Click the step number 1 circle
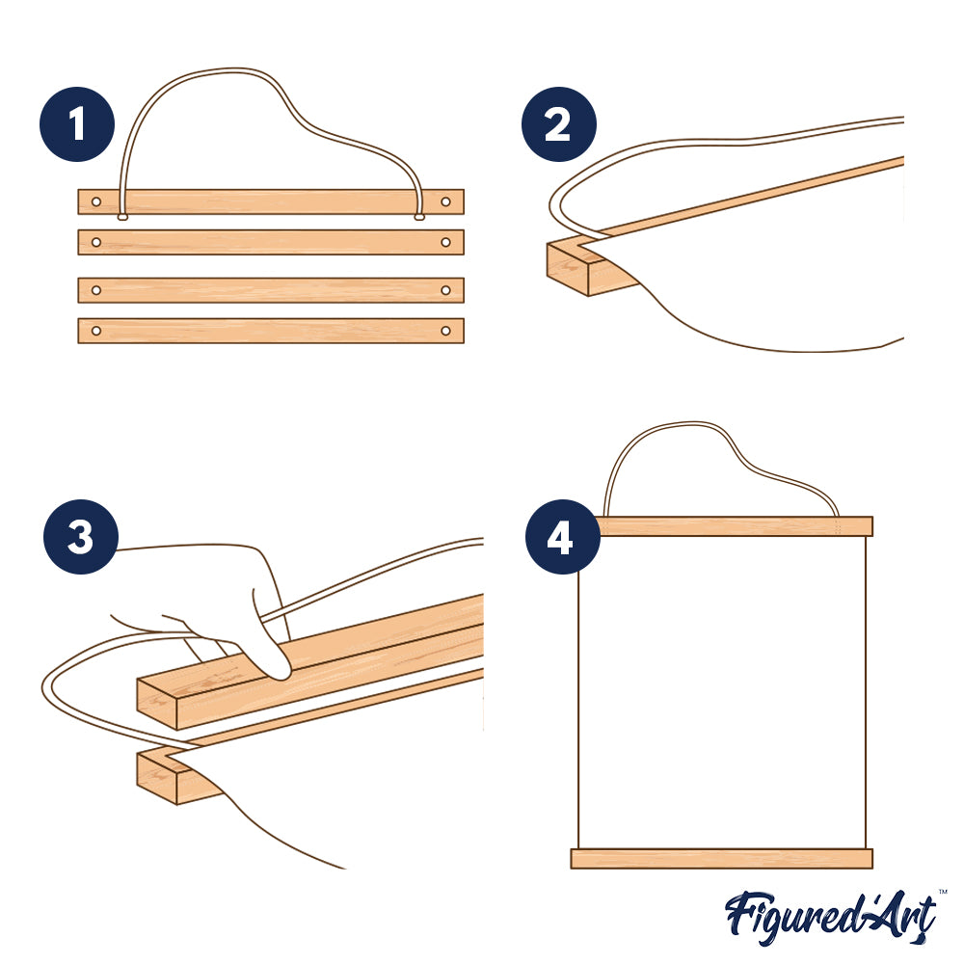point(77,124)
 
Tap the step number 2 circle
point(558,124)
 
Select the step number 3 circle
point(81,537)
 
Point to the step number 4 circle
point(562,537)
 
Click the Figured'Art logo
point(831,917)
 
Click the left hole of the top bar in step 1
point(95,201)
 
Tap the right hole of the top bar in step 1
point(445,201)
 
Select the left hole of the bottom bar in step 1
point(95,331)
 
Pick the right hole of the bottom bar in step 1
point(445,331)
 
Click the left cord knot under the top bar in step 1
point(123,217)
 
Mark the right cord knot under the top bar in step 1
point(419,217)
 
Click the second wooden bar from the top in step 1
point(271,242)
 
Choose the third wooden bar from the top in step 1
point(271,290)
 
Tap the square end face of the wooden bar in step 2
point(568,269)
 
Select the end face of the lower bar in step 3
point(157,779)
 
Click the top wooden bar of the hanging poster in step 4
point(734,526)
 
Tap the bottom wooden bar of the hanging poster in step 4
point(722,859)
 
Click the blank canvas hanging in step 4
point(722,692)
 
